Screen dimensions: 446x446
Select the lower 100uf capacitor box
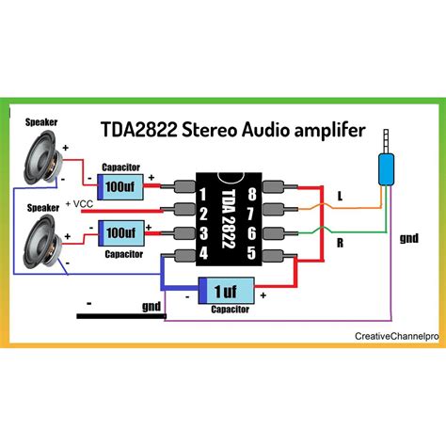[119, 231]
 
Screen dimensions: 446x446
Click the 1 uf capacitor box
[224, 289]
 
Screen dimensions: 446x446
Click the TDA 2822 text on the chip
[227, 223]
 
